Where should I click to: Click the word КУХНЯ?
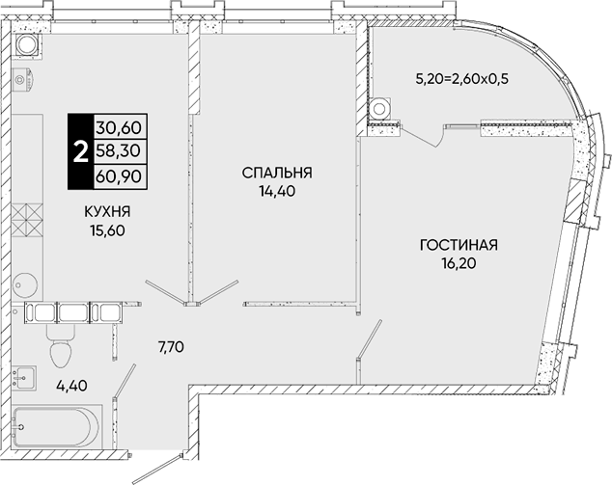coord(108,212)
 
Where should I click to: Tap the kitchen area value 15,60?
coord(107,230)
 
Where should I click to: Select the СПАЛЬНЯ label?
coord(277,173)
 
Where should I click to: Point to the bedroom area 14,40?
coord(277,191)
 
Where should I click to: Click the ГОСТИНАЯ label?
coord(459,245)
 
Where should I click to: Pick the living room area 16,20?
coord(459,264)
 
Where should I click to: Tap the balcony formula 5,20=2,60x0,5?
coord(462,79)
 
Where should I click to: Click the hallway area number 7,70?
coord(172,346)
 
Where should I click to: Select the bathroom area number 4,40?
coord(71,386)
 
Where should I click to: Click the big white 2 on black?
coord(81,152)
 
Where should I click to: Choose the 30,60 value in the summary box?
coord(119,127)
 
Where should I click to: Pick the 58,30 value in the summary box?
coord(119,150)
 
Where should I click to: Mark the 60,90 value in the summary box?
coord(119,177)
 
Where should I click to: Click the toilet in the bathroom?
coord(61,346)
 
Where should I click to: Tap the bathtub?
coord(57,427)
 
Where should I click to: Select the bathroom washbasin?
coord(24,377)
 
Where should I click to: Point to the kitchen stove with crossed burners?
coord(27,221)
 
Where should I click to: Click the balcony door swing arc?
coord(440,139)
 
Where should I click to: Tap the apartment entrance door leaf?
coord(157,469)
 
